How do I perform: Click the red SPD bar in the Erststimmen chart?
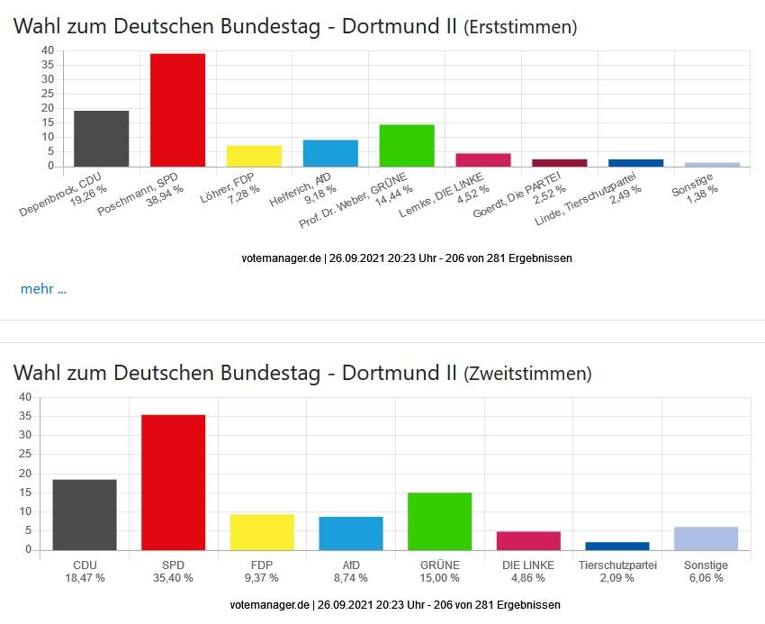click(x=177, y=110)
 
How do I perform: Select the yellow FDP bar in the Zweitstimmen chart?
click(x=262, y=532)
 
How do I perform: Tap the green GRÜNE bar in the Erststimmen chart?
click(x=407, y=145)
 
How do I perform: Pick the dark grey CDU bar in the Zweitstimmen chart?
click(x=85, y=515)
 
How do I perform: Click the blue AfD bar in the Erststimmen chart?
click(x=330, y=153)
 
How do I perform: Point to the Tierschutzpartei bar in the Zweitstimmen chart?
click(x=617, y=546)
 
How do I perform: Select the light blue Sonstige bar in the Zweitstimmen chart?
click(x=706, y=538)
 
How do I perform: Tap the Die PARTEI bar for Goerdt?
click(x=559, y=163)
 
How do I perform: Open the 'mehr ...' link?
click(x=43, y=289)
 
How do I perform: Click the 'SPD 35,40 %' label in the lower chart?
click(x=173, y=572)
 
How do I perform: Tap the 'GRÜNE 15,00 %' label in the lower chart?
click(x=439, y=572)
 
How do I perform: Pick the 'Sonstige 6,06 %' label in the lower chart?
click(x=706, y=572)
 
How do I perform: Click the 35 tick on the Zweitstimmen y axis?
click(x=24, y=416)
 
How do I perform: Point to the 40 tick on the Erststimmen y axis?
click(x=48, y=50)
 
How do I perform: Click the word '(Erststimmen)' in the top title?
click(x=520, y=27)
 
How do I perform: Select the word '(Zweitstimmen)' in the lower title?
click(x=527, y=373)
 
